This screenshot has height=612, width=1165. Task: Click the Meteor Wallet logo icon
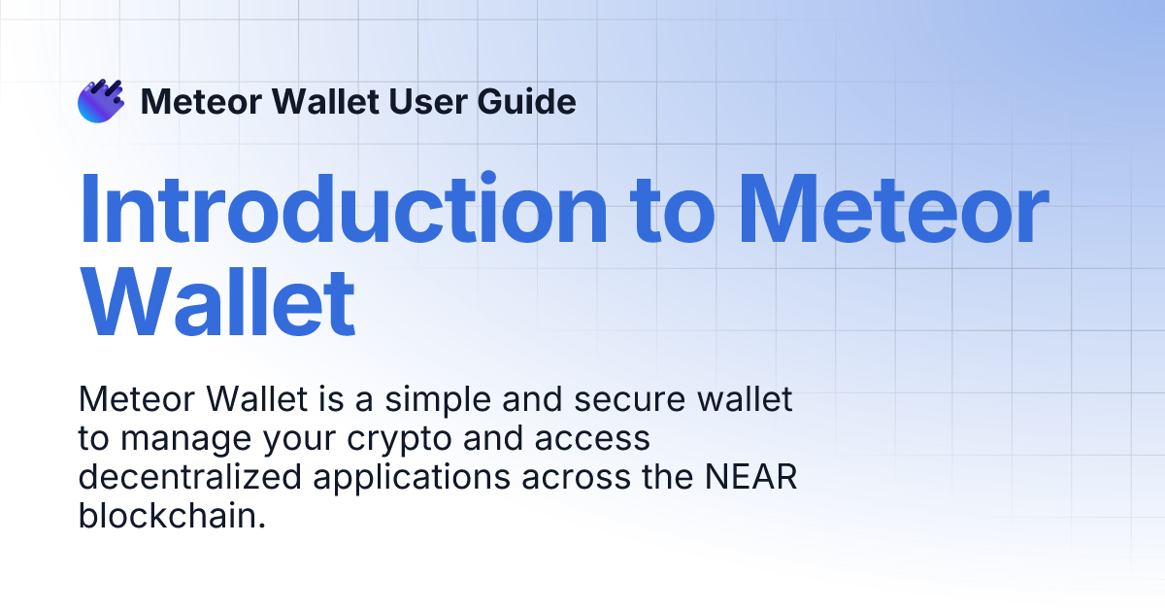coord(101,101)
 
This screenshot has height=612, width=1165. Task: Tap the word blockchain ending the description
coord(172,517)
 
